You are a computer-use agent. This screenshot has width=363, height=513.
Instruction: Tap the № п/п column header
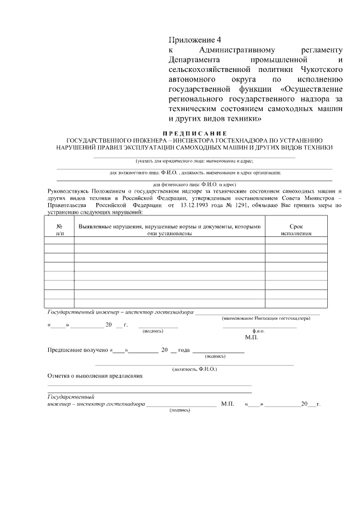click(59, 230)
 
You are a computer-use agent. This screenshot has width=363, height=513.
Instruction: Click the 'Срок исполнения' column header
click(296, 230)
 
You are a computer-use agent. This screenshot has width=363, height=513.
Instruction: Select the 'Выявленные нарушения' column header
click(170, 230)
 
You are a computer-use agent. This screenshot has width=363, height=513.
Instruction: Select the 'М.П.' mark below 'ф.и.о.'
click(251, 338)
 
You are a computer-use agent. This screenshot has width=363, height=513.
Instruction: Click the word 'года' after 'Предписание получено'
click(183, 350)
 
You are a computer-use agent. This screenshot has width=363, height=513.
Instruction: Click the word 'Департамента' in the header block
click(193, 60)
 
